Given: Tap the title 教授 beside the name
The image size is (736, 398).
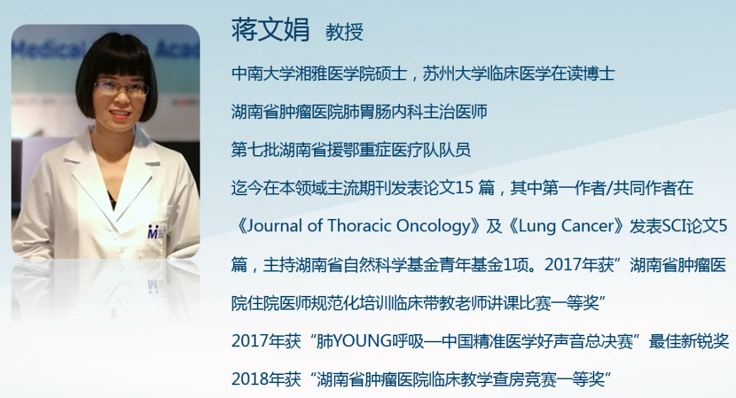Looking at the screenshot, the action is click(x=345, y=32).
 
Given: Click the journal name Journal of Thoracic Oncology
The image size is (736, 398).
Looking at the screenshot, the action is click(x=358, y=226).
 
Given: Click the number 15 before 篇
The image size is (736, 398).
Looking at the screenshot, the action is click(x=464, y=188).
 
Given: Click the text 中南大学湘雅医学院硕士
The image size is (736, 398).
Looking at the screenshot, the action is click(x=319, y=73).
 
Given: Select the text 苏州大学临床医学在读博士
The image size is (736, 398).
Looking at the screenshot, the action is click(x=519, y=73).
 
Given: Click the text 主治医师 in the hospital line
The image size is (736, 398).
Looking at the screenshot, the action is click(x=455, y=112).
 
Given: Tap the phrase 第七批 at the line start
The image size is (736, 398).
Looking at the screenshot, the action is click(x=255, y=150).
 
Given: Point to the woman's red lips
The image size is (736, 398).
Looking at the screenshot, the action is click(x=120, y=114).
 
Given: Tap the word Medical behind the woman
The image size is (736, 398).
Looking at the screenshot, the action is click(x=48, y=49).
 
